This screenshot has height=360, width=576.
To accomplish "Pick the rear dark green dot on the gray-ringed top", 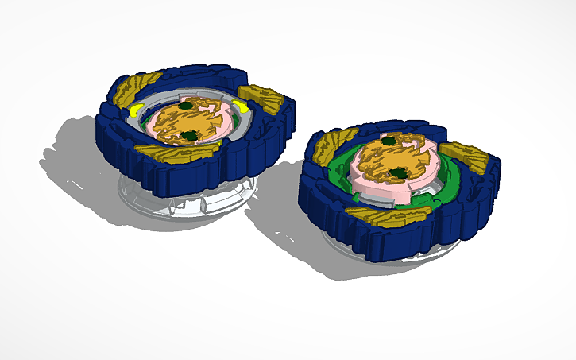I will click(185, 105).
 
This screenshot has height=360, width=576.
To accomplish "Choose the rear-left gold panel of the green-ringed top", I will click(327, 148).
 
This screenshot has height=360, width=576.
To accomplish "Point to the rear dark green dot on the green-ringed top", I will click(389, 141).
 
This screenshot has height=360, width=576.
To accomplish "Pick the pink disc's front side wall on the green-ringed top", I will click(373, 191).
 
